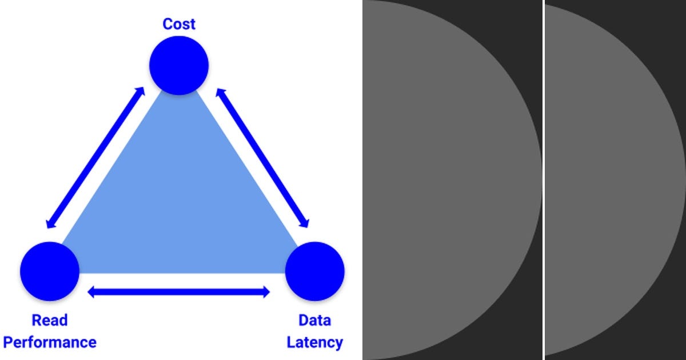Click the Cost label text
pyautogui.click(x=179, y=24)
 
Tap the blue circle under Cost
pyautogui.click(x=179, y=65)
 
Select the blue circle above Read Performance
pyautogui.click(x=50, y=271)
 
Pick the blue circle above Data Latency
pyautogui.click(x=314, y=271)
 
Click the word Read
pyautogui.click(x=50, y=320)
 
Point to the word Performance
pyautogui.click(x=50, y=342)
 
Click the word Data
pyautogui.click(x=314, y=320)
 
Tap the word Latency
pyautogui.click(x=314, y=342)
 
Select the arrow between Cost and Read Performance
pyautogui.click(x=95, y=158)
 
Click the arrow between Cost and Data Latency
pyautogui.click(x=262, y=158)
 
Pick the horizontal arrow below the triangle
pyautogui.click(x=178, y=292)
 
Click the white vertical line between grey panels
pyautogui.click(x=543, y=180)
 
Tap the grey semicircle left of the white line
pyautogui.click(x=446, y=180)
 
